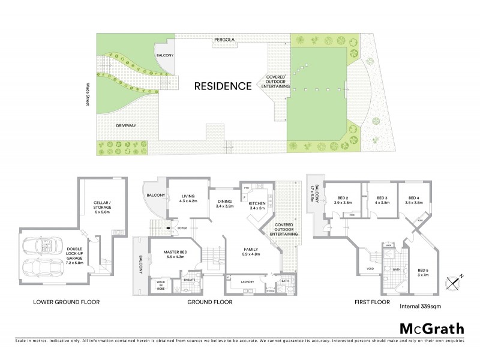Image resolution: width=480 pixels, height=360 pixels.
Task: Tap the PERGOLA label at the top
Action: pos(226,40)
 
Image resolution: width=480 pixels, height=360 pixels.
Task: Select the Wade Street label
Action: pos(88,94)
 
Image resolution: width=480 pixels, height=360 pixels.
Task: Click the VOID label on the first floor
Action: pos(370,269)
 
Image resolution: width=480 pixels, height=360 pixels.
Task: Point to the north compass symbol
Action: pos(453,281)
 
